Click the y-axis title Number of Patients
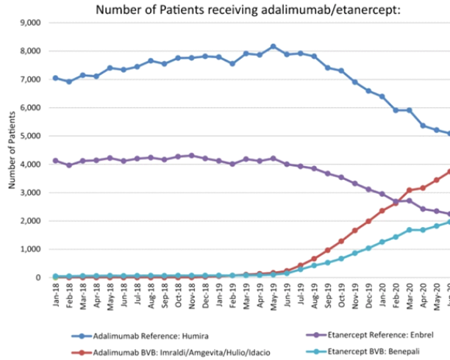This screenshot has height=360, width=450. click(12, 149)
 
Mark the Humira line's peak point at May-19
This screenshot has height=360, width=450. click(273, 46)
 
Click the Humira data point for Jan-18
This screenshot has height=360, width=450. click(55, 78)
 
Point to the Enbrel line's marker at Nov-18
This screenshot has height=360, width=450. click(191, 156)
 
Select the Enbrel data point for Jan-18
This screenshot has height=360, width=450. click(55, 161)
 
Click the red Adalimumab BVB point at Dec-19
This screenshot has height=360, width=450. click(368, 221)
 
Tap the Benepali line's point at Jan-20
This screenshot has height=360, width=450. click(382, 242)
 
